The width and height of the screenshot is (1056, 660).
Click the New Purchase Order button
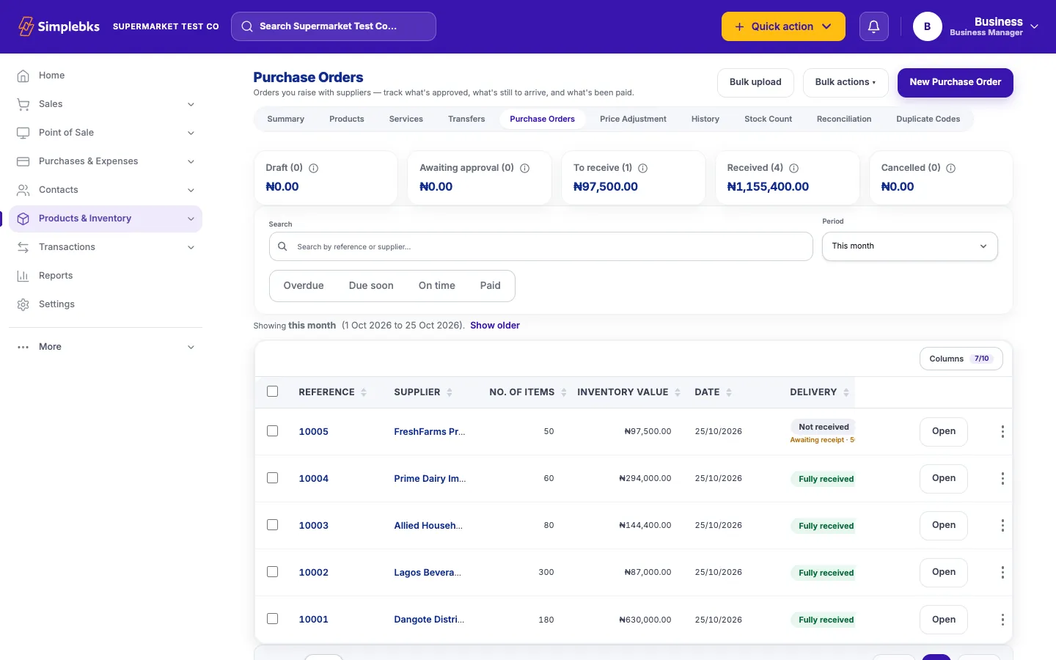tap(955, 82)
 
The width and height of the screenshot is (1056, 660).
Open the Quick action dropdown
tap(783, 26)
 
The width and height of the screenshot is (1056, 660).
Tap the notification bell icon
tap(873, 26)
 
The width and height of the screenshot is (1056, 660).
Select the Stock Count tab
tap(768, 120)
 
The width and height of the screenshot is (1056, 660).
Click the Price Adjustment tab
tap(633, 120)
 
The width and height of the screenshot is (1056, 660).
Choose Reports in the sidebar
tap(56, 275)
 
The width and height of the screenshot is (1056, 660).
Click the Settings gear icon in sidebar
tap(23, 304)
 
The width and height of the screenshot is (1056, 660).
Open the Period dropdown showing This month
tap(909, 246)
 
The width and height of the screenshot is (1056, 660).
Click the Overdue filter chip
tap(303, 286)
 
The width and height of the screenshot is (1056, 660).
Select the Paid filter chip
tap(491, 286)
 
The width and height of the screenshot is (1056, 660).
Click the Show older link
tap(494, 326)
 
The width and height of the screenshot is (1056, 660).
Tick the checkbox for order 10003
tap(273, 525)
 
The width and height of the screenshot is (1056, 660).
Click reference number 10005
tap(314, 431)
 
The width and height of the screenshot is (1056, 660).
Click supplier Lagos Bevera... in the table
tap(428, 572)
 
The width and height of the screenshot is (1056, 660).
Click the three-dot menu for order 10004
tap(1002, 478)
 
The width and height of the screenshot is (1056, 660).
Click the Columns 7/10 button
tap(961, 359)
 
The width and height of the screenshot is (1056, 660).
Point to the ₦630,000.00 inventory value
tap(645, 620)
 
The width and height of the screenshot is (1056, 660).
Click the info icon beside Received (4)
tap(794, 169)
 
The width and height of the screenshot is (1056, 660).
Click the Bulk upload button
tap(755, 82)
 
